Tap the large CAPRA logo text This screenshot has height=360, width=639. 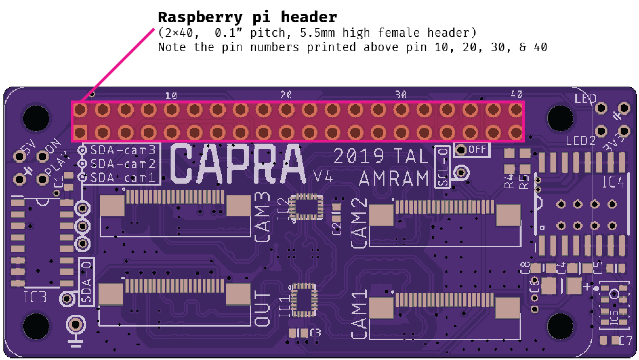(238, 165)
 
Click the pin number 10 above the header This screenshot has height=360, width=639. (171, 95)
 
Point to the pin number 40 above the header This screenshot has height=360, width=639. (516, 94)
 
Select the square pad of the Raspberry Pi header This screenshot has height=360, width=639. (80, 133)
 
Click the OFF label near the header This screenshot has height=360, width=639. (477, 150)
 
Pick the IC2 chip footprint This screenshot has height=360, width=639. (306, 208)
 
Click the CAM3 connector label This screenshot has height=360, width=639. (262, 217)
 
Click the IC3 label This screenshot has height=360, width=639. (35, 297)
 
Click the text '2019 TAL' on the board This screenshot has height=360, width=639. (381, 156)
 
